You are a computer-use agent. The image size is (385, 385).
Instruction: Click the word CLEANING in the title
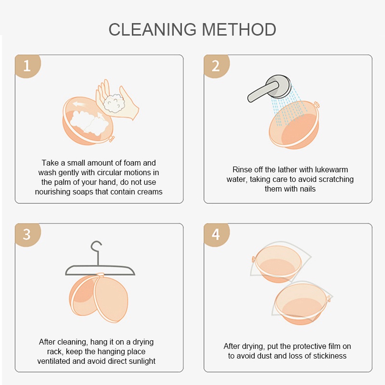coord(153,29)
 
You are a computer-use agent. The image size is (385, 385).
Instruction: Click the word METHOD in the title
coord(239,29)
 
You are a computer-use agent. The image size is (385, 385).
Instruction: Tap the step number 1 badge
coord(27,66)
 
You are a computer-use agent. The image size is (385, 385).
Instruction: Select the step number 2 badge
coord(216,66)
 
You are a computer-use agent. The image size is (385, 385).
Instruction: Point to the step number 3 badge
coord(27,234)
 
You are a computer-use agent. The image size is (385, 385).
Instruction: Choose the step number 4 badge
coord(216,234)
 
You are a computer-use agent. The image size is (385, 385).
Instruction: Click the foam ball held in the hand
coord(114,103)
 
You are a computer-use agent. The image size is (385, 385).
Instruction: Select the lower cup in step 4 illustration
coord(302,304)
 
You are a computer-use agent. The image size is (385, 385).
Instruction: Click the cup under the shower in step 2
coord(294,125)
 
